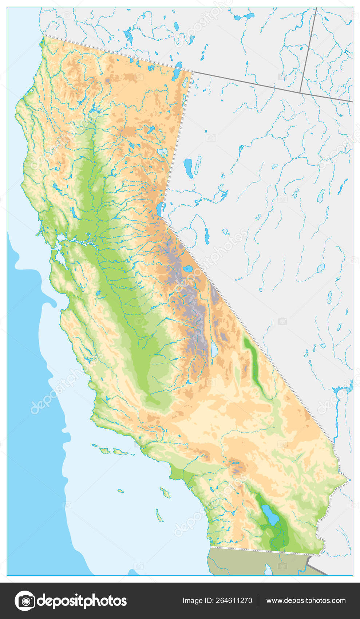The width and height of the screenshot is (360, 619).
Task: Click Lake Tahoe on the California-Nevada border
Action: [x=159, y=209]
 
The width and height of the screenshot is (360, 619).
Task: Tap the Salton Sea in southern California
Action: [x=270, y=514]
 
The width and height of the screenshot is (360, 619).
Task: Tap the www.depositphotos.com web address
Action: [x=306, y=600]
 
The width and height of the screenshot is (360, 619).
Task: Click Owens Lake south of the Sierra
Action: [x=214, y=349]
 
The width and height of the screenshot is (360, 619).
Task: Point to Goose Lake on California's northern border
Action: [x=177, y=73]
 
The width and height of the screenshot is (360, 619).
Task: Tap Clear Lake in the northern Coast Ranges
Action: [x=58, y=188]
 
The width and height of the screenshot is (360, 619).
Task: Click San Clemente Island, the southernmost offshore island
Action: [x=159, y=516]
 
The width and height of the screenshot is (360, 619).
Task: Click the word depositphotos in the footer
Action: [x=82, y=601]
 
